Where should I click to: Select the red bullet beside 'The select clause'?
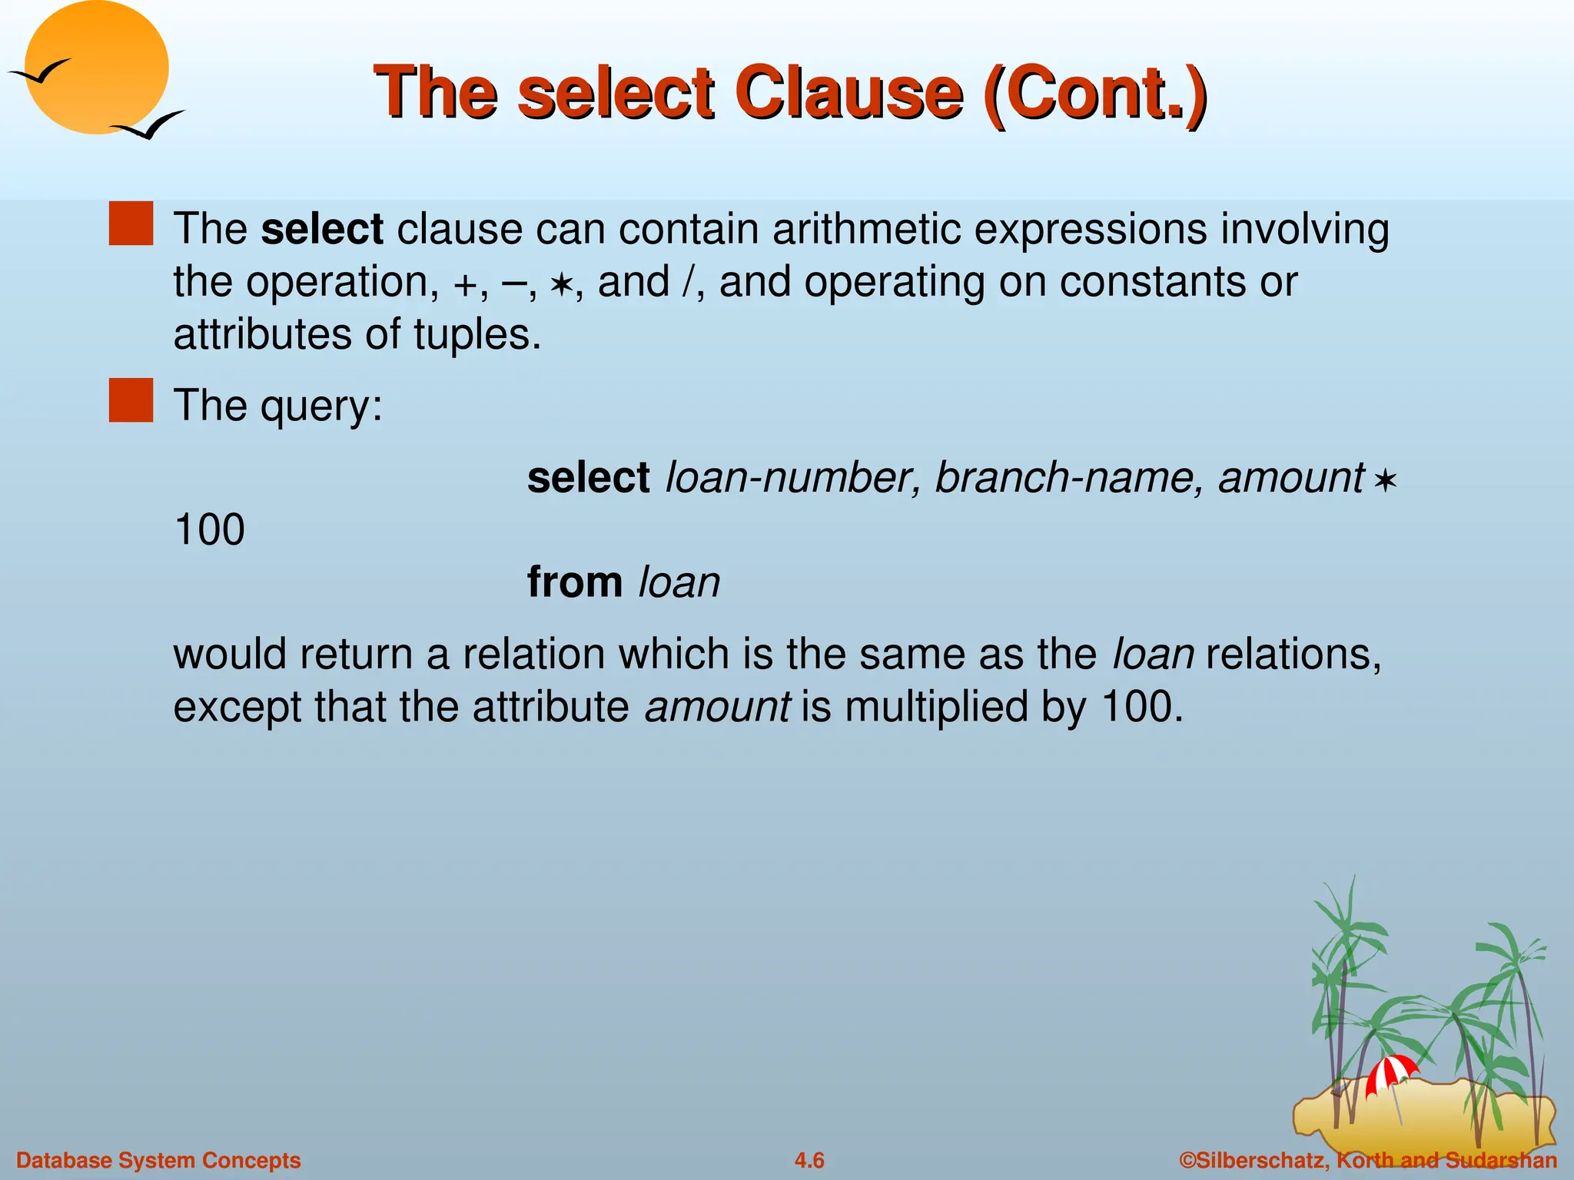[x=131, y=224]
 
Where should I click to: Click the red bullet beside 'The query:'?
[x=131, y=400]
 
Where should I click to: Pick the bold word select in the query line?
[x=588, y=477]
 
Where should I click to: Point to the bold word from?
[x=574, y=582]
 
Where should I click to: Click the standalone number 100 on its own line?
[x=209, y=529]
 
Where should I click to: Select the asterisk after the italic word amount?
[x=1384, y=482]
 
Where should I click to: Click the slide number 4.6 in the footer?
[x=809, y=1160]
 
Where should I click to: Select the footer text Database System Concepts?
[x=158, y=1160]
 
